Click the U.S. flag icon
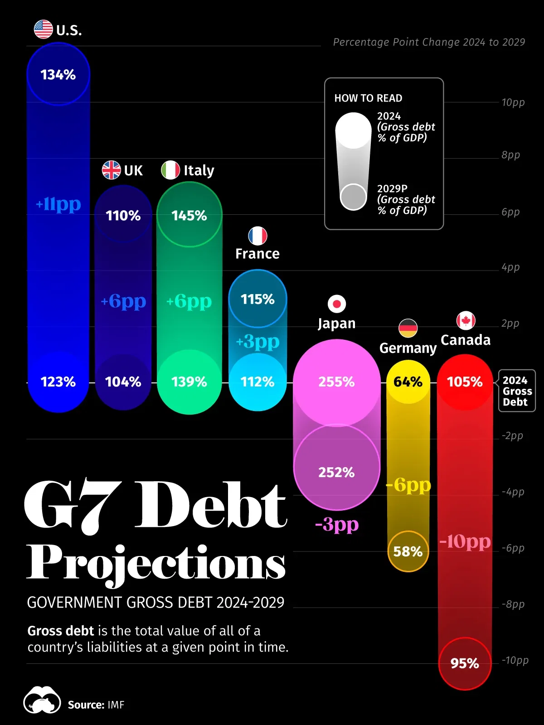pos(44,29)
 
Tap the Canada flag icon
pos(466,321)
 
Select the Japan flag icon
pos(337,304)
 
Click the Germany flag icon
pos(408,328)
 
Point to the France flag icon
pos(257,236)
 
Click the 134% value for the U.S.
pos(58,75)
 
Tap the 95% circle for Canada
pos(465,663)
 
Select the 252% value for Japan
pos(336,472)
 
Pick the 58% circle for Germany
pos(408,551)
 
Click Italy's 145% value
pos(189,215)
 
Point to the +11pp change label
pos(58,204)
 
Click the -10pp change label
pos(465,541)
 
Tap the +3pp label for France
pos(257,342)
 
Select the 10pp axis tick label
pos(513,102)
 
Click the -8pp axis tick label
pos(513,604)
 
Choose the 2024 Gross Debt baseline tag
pos(517,391)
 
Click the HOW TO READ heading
pos(368,98)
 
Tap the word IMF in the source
pos(116,705)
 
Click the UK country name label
pos(133,170)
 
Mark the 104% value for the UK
pos(123,382)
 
